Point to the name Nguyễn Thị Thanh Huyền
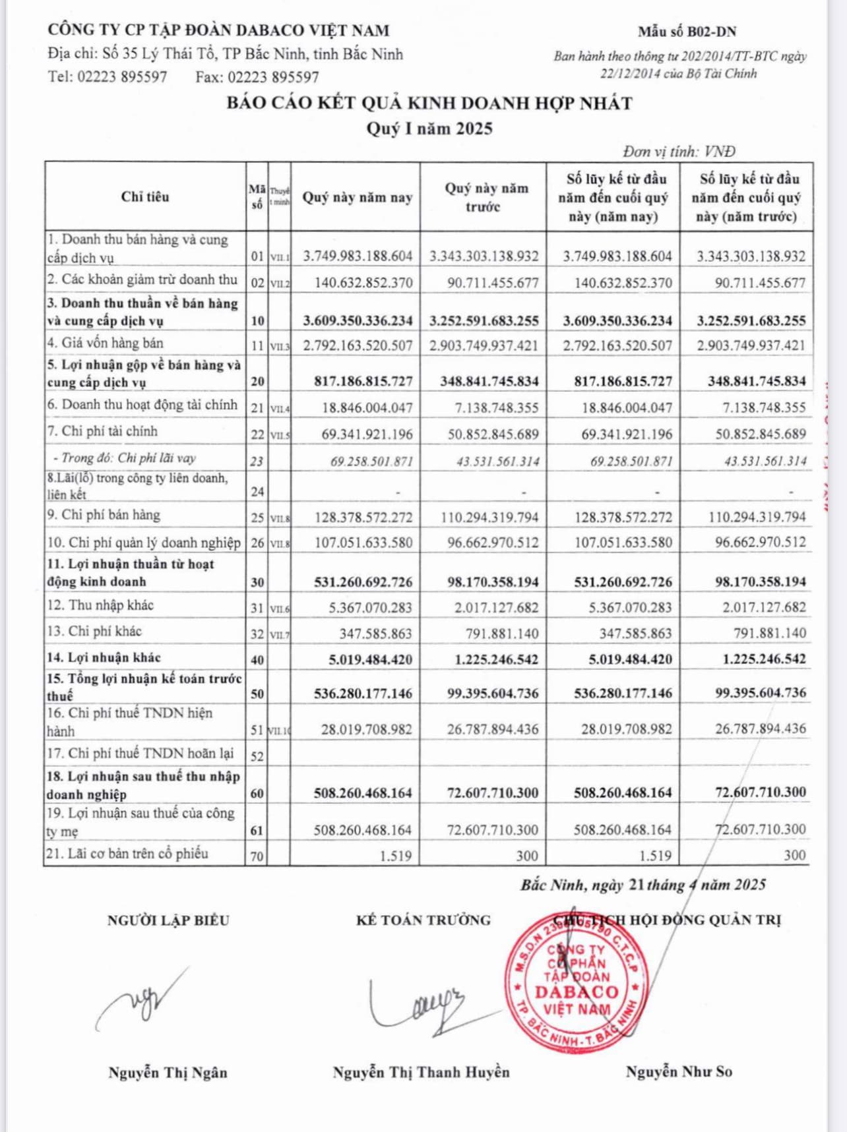click(421, 1073)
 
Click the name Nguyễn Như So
click(679, 1072)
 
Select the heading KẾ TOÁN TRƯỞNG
click(423, 920)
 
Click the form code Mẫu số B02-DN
click(687, 32)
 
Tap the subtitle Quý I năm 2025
click(429, 128)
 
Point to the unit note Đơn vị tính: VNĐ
click(679, 152)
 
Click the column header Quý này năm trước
click(486, 197)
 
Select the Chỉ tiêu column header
click(145, 196)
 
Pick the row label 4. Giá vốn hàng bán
click(105, 343)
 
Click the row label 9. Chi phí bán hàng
click(104, 515)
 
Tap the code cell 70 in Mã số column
click(257, 856)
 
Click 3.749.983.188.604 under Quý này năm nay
click(358, 256)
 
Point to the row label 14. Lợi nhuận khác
click(104, 657)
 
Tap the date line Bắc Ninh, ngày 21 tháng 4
click(643, 885)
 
